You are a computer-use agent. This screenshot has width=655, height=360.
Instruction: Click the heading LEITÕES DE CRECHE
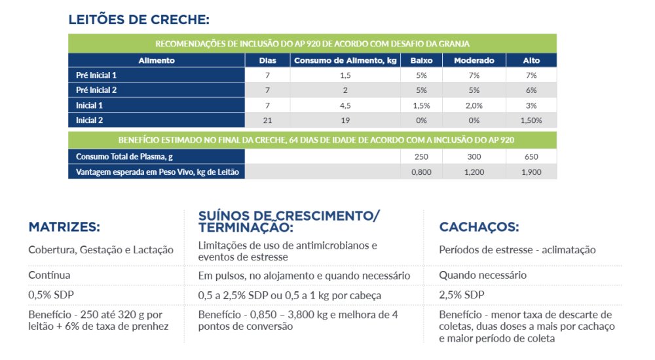[139, 20]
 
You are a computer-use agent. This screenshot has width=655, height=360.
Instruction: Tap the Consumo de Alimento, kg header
[345, 60]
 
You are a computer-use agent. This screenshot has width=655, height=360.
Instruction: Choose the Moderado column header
[474, 60]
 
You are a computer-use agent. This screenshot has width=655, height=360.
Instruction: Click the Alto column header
[531, 60]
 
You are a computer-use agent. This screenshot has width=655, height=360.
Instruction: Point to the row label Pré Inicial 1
[96, 75]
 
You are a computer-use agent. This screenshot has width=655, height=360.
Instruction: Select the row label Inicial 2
[90, 120]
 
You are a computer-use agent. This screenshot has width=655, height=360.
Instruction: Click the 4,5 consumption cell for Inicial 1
[345, 105]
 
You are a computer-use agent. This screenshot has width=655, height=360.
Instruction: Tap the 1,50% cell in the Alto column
[531, 120]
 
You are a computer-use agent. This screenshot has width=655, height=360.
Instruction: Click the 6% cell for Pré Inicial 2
[531, 90]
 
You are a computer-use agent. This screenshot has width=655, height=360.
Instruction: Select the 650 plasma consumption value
[531, 156]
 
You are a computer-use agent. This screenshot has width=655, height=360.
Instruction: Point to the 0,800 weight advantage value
[421, 171]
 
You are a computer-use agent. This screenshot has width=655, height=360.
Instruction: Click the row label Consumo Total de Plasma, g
[124, 156]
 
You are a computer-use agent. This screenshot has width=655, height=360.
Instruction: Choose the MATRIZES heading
[64, 227]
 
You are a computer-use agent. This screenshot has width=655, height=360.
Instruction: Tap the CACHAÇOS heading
[479, 227]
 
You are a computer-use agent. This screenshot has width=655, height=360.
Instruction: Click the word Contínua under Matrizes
[49, 276]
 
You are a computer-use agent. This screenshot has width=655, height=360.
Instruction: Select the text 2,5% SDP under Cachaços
[462, 294]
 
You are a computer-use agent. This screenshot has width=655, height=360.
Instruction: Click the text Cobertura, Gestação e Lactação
[101, 250]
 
